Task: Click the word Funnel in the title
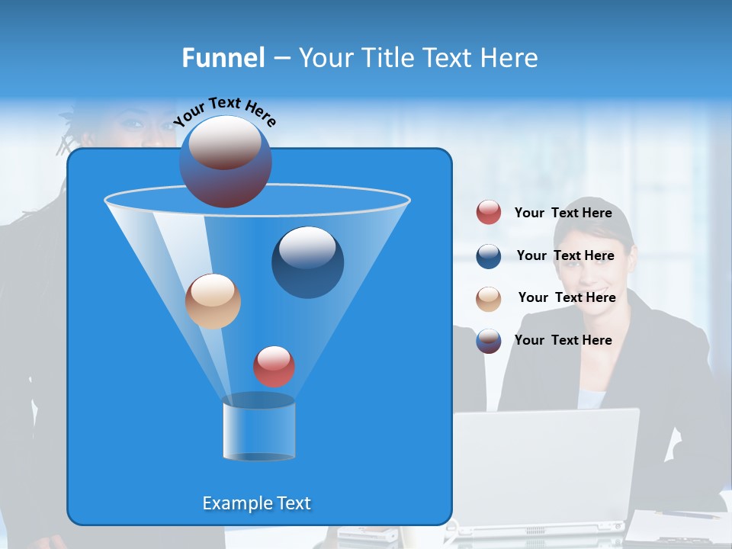pyautogui.click(x=223, y=57)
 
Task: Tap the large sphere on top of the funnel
pyautogui.click(x=226, y=162)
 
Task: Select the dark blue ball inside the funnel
pyautogui.click(x=307, y=262)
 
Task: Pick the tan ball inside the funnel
pyautogui.click(x=213, y=301)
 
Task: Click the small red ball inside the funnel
pyautogui.click(x=274, y=366)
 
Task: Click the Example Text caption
pyautogui.click(x=257, y=503)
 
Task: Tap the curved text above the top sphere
pyautogui.click(x=224, y=111)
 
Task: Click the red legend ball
pyautogui.click(x=489, y=213)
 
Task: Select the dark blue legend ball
pyautogui.click(x=489, y=256)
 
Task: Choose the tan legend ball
pyautogui.click(x=489, y=298)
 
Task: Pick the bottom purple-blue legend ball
pyautogui.click(x=489, y=341)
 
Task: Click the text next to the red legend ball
pyautogui.click(x=563, y=213)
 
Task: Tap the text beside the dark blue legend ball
pyautogui.click(x=565, y=255)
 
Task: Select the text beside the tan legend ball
pyautogui.click(x=567, y=297)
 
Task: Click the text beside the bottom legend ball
pyautogui.click(x=563, y=340)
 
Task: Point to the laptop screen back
pyautogui.click(x=545, y=465)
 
